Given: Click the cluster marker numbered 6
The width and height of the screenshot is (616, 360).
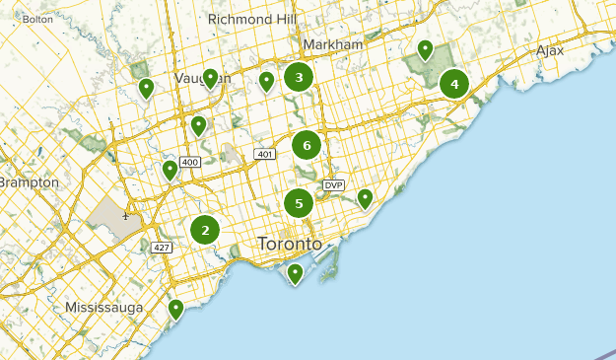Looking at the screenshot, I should (x=307, y=146).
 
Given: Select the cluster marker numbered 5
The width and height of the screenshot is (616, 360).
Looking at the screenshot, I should (x=299, y=204).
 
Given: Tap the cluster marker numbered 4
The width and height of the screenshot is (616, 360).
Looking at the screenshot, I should (x=454, y=84).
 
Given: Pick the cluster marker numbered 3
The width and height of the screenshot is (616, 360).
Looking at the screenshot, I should (x=299, y=76).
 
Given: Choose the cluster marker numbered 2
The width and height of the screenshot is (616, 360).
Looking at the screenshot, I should (x=205, y=231).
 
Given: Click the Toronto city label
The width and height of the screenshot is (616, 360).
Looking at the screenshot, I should (x=289, y=244).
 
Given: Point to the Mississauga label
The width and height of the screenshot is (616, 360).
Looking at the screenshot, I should (x=103, y=308).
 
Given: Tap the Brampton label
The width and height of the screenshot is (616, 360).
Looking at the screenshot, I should (x=30, y=182).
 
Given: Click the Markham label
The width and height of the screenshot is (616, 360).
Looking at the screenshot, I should (x=333, y=44).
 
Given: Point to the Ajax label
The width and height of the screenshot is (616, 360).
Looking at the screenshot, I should (x=550, y=50).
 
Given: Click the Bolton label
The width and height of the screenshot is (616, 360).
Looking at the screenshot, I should (x=37, y=19).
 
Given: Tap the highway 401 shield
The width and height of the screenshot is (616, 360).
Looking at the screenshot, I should (x=263, y=154).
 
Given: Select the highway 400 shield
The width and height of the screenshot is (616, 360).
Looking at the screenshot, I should (x=190, y=162).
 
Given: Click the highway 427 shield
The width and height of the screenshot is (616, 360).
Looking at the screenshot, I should (x=163, y=247).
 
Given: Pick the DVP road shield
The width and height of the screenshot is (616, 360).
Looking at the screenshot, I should (x=333, y=184).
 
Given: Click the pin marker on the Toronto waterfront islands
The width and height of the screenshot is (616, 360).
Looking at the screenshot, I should (x=295, y=273).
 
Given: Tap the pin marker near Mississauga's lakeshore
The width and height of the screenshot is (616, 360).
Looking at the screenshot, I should (x=175, y=309).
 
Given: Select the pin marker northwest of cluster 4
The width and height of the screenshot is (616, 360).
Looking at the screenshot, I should (x=426, y=48).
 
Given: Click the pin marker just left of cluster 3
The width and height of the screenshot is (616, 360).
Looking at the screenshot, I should (x=266, y=81).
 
